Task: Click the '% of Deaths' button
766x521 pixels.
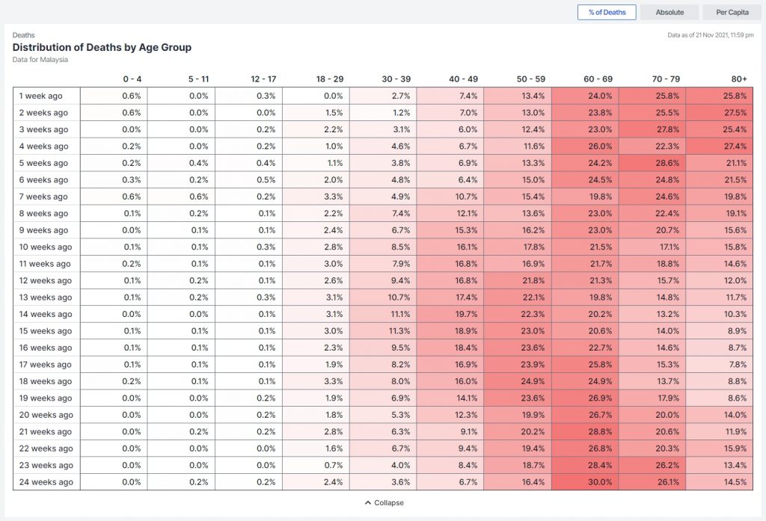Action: (607, 13)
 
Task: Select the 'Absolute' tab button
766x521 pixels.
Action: (670, 13)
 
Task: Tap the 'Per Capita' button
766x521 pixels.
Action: (732, 13)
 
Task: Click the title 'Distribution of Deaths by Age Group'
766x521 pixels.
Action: (102, 47)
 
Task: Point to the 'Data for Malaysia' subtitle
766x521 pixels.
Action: (40, 60)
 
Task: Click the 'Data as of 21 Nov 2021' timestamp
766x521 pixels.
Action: (710, 34)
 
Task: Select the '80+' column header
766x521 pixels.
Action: (739, 79)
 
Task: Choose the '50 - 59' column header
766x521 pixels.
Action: (530, 79)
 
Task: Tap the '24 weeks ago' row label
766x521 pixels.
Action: (46, 482)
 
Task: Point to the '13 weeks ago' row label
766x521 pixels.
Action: (46, 298)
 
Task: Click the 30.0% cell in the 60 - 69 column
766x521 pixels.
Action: (585, 482)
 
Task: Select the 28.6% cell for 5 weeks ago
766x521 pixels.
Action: (652, 163)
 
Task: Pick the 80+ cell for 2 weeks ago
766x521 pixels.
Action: (720, 113)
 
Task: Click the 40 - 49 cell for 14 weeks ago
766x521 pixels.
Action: (450, 314)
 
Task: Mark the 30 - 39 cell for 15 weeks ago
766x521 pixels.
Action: (383, 331)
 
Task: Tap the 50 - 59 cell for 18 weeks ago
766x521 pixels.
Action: (518, 381)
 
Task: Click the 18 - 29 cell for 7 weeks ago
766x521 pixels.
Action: (316, 197)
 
